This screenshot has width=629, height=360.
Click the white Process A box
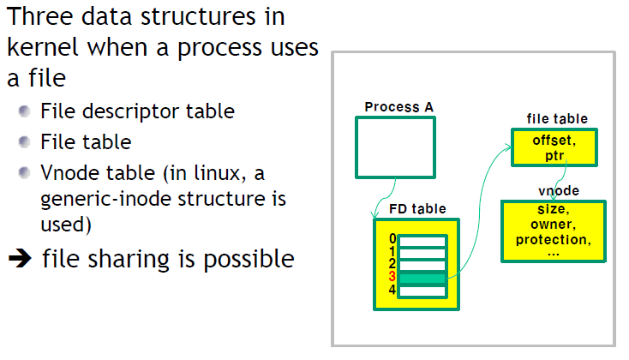point(395,147)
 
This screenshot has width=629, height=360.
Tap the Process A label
point(398,107)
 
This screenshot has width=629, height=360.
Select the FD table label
point(417,208)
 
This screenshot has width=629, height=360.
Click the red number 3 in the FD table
point(392,277)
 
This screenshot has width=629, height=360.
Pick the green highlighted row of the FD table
point(422,278)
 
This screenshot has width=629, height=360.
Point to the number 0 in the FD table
point(392,239)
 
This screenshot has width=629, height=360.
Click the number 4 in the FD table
point(392,290)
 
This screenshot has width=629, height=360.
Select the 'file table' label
point(556,119)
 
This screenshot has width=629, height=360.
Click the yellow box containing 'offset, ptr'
point(553,147)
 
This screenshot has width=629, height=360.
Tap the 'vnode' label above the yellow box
point(559,190)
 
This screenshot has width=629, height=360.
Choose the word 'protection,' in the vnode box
point(553,240)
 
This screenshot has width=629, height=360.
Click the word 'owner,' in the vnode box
point(553,225)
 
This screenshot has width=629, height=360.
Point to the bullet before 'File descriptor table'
point(26,111)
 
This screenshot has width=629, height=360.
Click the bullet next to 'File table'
point(26,141)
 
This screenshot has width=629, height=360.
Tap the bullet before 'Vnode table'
point(26,173)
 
